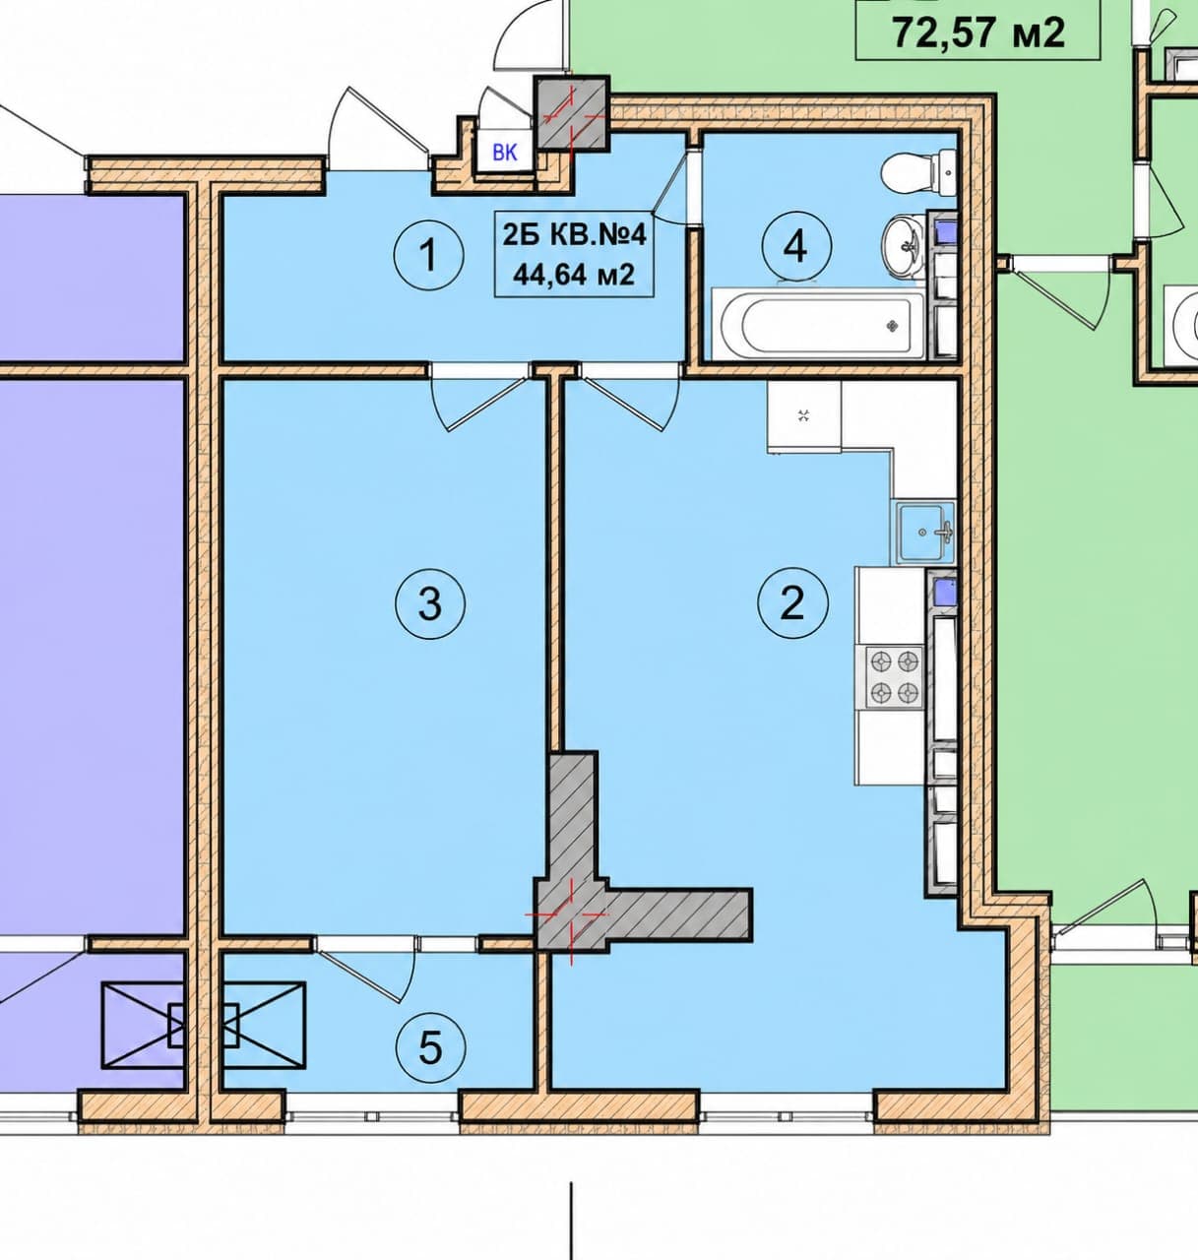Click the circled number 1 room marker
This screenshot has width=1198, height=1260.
(428, 255)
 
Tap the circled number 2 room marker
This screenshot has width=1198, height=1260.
(792, 603)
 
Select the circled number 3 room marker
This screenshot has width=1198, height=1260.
(429, 603)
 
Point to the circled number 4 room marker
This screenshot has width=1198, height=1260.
(796, 247)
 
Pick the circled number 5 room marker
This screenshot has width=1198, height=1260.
(430, 1047)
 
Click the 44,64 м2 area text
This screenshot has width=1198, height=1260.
(574, 275)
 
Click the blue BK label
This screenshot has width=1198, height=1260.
(505, 154)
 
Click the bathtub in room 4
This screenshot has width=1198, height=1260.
(819, 324)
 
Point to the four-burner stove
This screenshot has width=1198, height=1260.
(894, 677)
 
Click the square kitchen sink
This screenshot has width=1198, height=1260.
(925, 533)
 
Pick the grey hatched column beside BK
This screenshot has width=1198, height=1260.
(572, 113)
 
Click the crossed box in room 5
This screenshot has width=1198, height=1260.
(264, 1025)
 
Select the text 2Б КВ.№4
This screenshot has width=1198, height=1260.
(574, 234)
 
